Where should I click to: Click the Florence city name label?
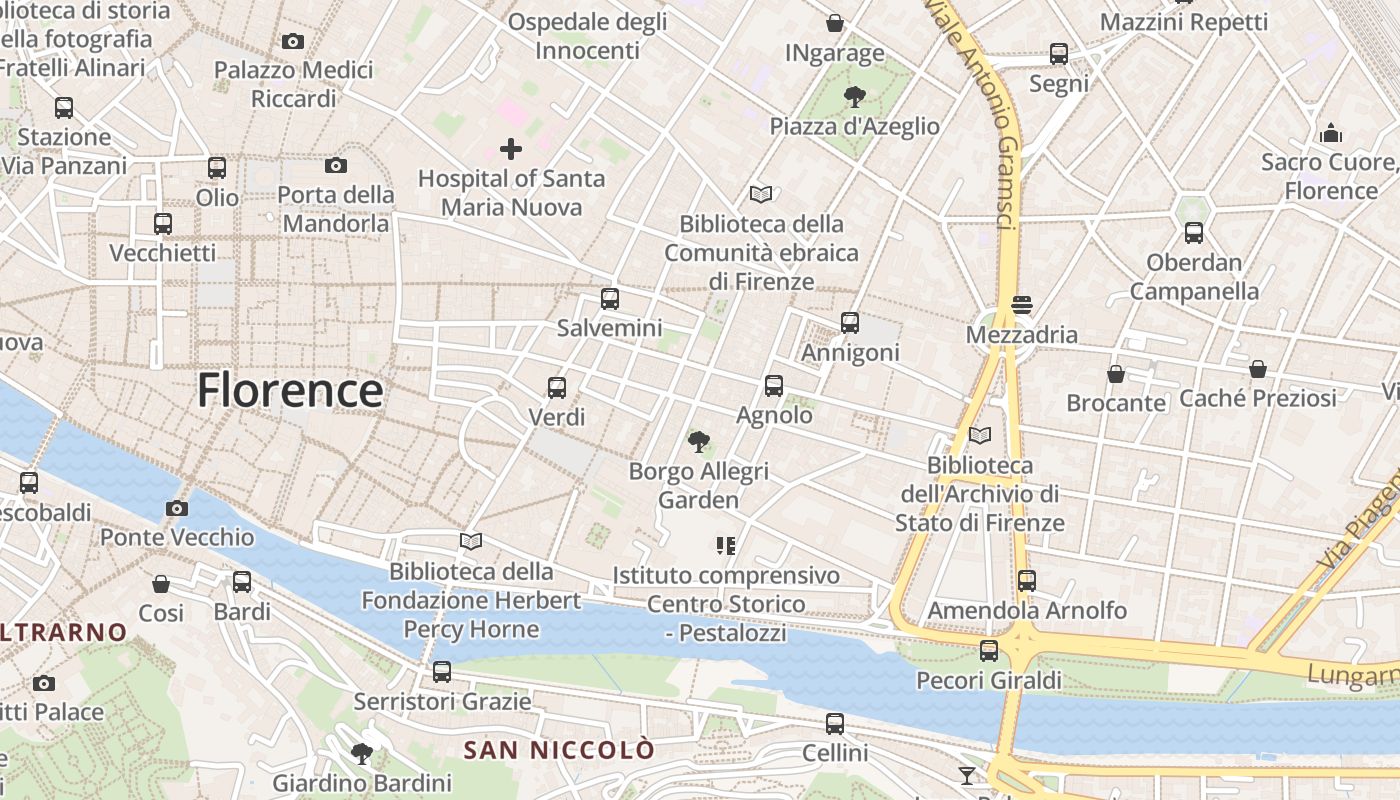(x=290, y=390)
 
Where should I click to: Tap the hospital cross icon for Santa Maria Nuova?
(x=511, y=150)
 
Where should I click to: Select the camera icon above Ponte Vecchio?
(x=177, y=508)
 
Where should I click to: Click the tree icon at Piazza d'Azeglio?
(x=854, y=97)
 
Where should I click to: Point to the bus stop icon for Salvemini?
(x=610, y=298)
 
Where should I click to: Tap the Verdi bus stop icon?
(x=557, y=387)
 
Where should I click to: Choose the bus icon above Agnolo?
(x=773, y=385)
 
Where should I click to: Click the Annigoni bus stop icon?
(x=850, y=322)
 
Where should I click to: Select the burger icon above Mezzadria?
(x=1021, y=304)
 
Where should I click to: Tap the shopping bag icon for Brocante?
(x=1116, y=374)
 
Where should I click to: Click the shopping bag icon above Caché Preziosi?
(x=1258, y=369)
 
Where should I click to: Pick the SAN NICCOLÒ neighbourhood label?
(x=559, y=750)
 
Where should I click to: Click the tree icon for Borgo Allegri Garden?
(x=699, y=441)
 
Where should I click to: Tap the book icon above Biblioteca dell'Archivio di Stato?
(x=980, y=435)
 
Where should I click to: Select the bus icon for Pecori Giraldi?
(x=989, y=650)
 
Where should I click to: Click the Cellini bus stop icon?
(x=835, y=723)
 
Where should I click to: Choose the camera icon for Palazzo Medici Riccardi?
(x=293, y=41)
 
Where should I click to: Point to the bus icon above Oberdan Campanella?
(x=1194, y=233)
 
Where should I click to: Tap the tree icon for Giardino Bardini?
(x=362, y=753)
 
